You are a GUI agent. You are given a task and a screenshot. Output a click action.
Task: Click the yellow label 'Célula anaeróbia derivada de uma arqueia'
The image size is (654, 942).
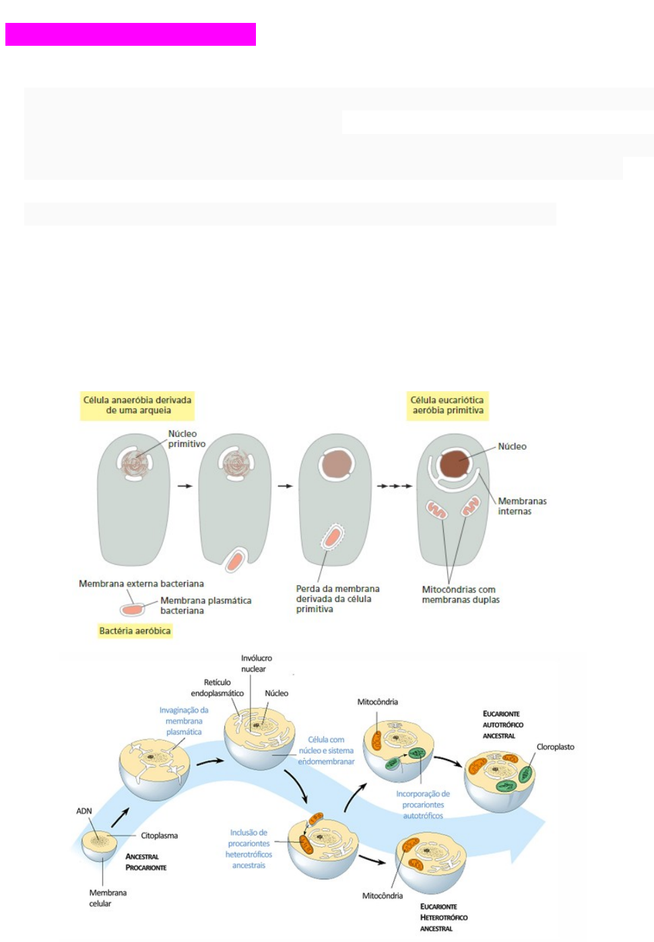coord(137,405)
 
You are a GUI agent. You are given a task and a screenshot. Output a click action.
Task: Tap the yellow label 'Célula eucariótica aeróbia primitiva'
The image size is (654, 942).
coord(447,405)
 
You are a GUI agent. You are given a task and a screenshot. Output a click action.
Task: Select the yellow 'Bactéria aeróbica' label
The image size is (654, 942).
coord(135,631)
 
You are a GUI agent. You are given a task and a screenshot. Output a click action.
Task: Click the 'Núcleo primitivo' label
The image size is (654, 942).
coord(187,439)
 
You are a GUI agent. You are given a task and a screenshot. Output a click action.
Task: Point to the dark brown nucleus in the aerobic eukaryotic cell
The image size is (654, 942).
coord(455,465)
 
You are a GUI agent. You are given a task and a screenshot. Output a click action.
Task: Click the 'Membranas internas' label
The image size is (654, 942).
coord(522,506)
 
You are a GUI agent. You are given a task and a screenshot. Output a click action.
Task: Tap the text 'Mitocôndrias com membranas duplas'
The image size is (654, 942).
coord(461,595)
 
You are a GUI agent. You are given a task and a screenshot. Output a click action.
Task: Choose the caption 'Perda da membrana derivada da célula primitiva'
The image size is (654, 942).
coord(337,599)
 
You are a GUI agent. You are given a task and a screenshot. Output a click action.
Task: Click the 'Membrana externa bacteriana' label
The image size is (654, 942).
coord(141,584)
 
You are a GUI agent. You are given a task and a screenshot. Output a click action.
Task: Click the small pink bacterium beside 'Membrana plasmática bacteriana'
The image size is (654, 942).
coord(132,609)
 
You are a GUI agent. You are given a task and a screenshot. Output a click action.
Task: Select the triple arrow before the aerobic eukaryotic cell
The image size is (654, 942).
coord(395,486)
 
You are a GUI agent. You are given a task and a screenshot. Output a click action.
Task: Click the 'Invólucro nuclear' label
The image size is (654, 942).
coord(256,663)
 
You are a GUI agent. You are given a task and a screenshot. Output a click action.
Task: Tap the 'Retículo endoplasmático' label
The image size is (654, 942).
coord(217,687)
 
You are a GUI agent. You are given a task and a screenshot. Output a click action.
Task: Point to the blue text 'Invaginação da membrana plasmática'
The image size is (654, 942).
coord(184,720)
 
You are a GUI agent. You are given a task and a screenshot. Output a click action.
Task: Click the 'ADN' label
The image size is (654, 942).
coord(84,811)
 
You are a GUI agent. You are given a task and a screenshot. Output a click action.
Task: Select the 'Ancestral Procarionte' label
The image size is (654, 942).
coord(145,862)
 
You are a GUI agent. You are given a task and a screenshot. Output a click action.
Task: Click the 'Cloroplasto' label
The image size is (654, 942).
coord(555,747)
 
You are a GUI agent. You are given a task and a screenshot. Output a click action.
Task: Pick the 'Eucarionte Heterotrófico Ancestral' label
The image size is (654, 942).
coord(443,917)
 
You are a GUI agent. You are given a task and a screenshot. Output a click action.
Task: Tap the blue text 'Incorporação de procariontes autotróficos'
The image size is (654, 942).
coord(423,805)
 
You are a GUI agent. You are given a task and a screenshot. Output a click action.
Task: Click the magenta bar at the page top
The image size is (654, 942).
coord(131,34)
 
